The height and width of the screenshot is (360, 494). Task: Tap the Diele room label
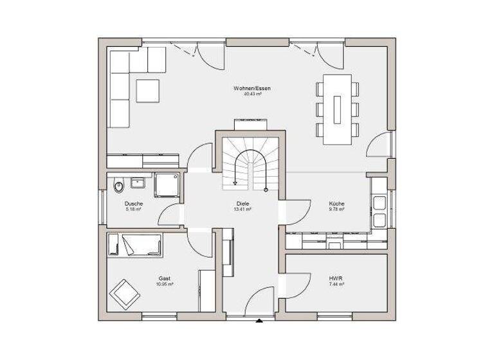point(242,203)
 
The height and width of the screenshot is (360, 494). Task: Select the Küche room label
point(336,203)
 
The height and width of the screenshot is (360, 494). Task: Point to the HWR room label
point(336,278)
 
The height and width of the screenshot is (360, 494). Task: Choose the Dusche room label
point(133,203)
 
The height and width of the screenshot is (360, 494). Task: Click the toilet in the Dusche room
point(118,187)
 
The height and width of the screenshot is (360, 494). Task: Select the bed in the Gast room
point(136,245)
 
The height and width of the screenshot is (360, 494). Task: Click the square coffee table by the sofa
point(147,89)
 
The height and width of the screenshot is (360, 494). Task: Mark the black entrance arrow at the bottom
point(259,319)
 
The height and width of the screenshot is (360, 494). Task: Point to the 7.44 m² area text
point(336,283)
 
